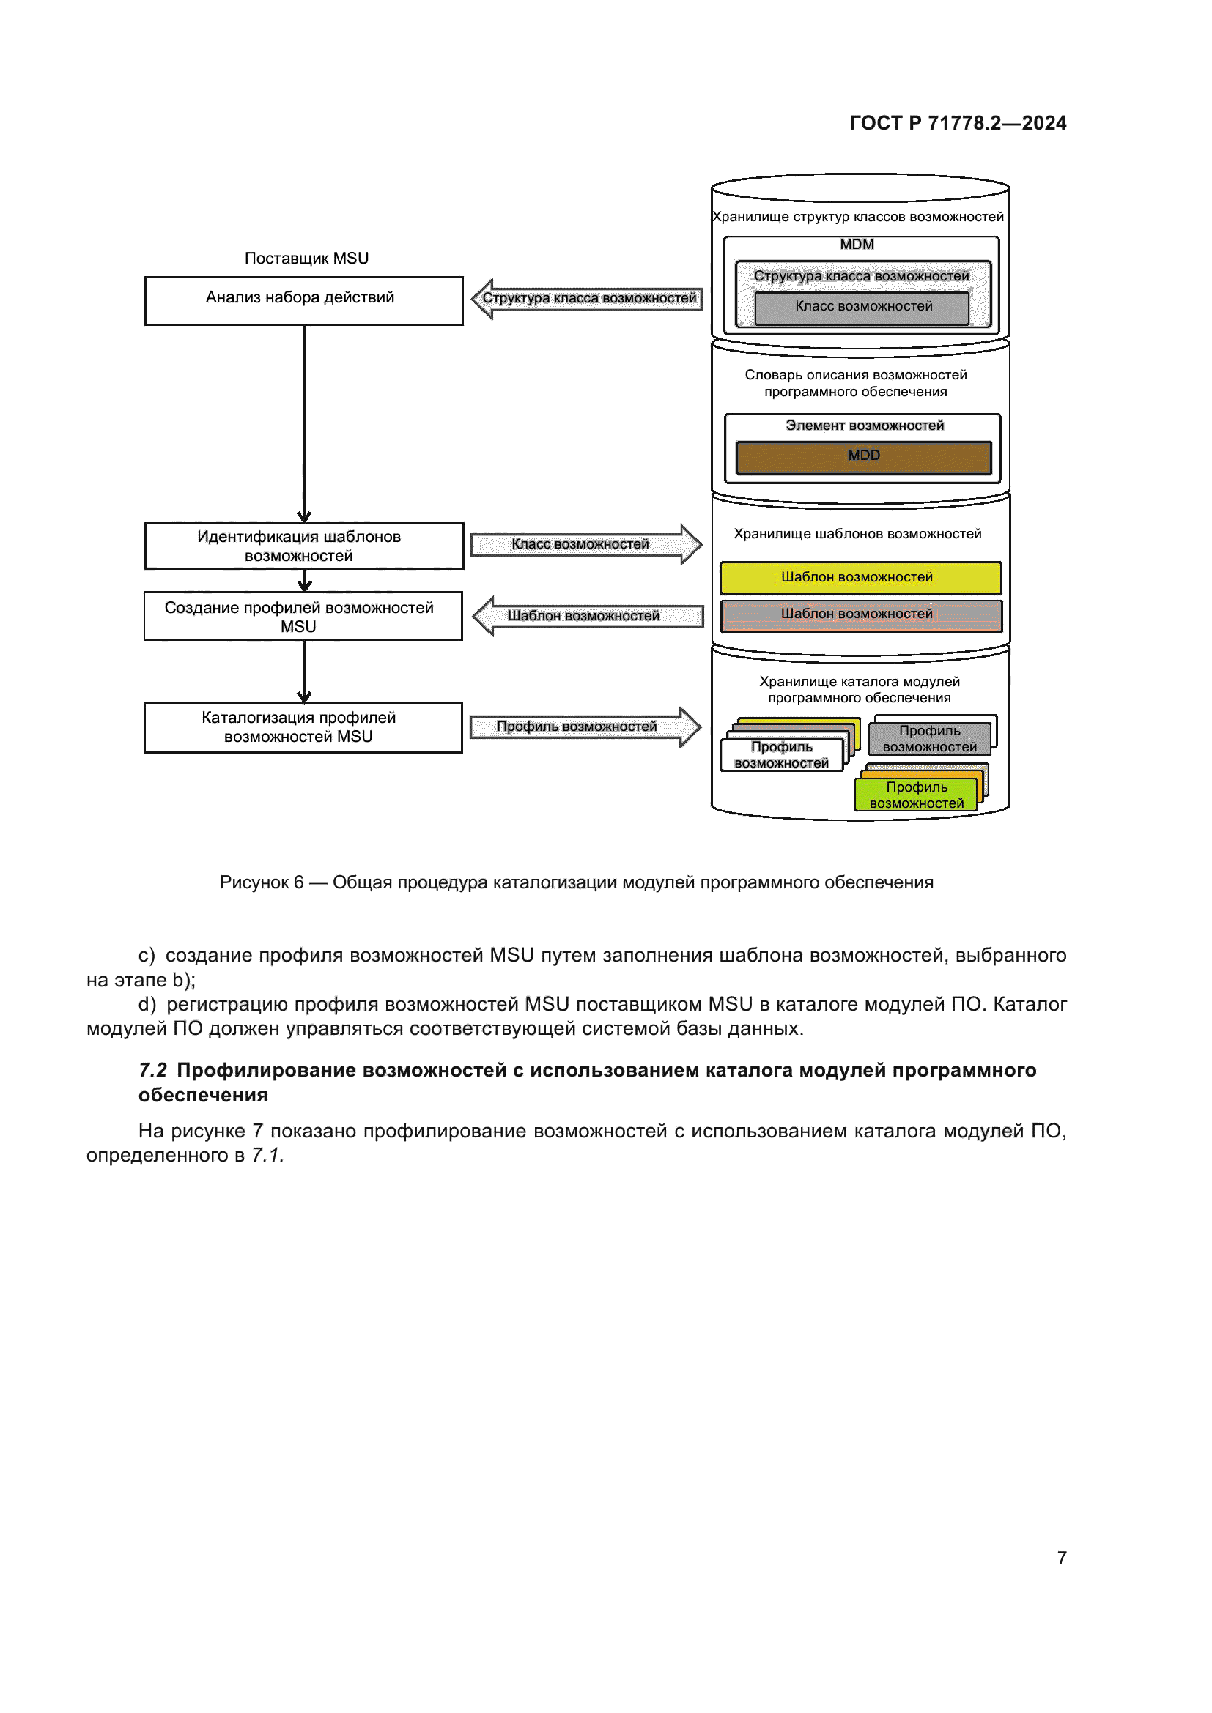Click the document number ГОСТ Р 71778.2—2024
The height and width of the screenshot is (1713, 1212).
pos(958,123)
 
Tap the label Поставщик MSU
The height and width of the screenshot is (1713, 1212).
pos(306,258)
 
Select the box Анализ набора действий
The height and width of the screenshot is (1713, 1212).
pos(304,301)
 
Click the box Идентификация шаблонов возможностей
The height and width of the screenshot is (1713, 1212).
pos(304,546)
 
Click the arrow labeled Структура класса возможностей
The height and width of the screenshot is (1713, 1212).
pos(588,298)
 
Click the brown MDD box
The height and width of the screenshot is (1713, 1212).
pos(863,457)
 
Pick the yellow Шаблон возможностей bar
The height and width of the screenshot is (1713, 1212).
pos(860,577)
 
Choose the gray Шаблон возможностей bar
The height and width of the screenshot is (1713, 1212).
pos(860,614)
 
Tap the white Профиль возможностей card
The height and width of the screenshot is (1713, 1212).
pos(781,755)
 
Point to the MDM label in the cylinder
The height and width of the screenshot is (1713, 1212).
pos(857,245)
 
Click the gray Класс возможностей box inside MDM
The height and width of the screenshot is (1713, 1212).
pos(862,308)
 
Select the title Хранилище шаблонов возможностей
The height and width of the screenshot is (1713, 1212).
pos(857,534)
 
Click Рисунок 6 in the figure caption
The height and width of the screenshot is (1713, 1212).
pos(261,882)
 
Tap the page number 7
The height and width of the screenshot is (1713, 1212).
pos(1061,1558)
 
